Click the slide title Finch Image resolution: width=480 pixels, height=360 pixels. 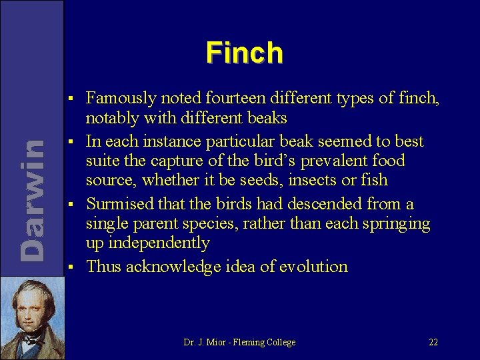(245, 53)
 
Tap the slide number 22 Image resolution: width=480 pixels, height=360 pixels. (433, 342)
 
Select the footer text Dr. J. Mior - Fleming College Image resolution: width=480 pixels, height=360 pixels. (239, 342)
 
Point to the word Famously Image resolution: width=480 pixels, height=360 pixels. (121, 99)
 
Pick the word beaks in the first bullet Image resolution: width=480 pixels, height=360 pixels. (264, 119)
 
